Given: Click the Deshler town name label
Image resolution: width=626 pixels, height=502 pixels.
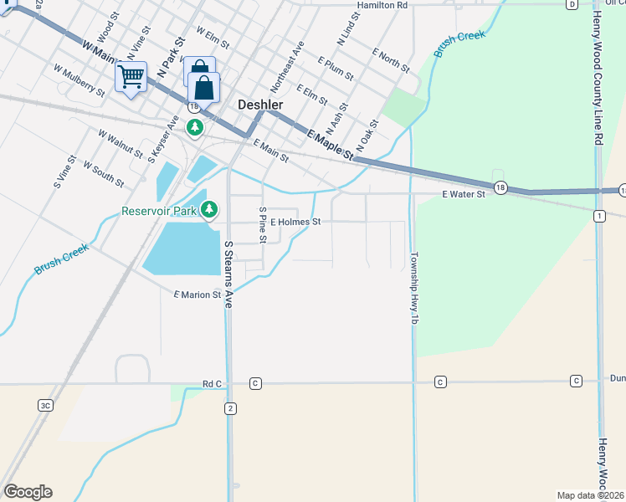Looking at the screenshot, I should click(x=261, y=105).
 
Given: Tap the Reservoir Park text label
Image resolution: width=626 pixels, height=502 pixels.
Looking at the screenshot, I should click(x=158, y=211).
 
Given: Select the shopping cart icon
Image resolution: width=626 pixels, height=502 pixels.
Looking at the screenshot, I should click(x=131, y=77).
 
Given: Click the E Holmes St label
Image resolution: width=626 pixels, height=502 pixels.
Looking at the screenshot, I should click(x=295, y=222).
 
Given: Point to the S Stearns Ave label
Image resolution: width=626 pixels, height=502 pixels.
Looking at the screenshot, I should click(x=228, y=274).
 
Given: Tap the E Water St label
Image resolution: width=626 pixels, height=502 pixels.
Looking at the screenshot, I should click(x=464, y=194).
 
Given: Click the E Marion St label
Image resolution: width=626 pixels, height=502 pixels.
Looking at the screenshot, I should click(x=198, y=295).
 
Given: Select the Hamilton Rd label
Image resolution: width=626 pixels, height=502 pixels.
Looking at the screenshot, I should click(x=382, y=5).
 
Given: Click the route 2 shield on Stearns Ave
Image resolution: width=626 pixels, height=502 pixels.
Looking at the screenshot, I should click(x=229, y=407).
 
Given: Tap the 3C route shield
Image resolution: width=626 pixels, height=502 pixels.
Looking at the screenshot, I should click(x=45, y=405).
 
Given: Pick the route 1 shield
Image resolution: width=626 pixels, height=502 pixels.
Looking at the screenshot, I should click(x=599, y=216).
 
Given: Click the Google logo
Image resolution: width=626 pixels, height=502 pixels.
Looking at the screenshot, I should click(x=28, y=492).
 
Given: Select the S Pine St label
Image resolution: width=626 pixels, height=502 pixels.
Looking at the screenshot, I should click(x=263, y=225).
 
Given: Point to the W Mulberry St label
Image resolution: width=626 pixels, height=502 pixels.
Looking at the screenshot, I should click(x=78, y=81).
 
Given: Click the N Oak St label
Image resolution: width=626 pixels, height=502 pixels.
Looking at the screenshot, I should click(x=368, y=135).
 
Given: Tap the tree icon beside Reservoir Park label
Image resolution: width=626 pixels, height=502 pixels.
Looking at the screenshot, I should click(x=209, y=209).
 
